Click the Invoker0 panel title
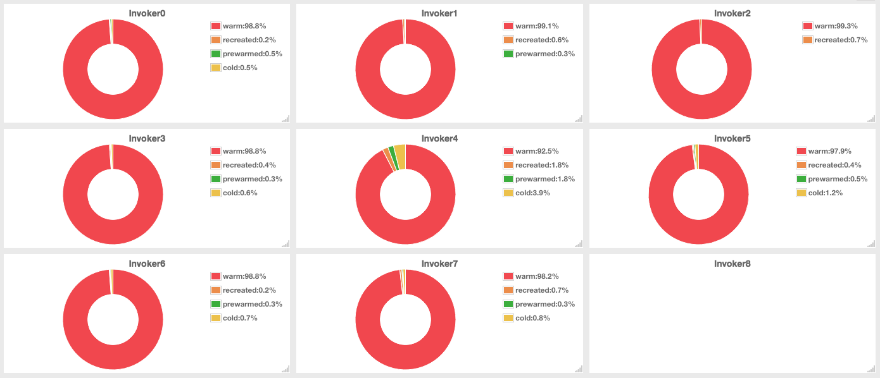click(147, 13)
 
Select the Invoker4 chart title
click(439, 138)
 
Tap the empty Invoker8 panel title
click(732, 264)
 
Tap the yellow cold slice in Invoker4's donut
click(400, 155)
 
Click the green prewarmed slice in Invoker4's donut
click(393, 158)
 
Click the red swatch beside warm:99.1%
click(508, 26)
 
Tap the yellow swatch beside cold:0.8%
click(508, 318)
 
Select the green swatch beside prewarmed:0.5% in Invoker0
click(215, 54)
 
